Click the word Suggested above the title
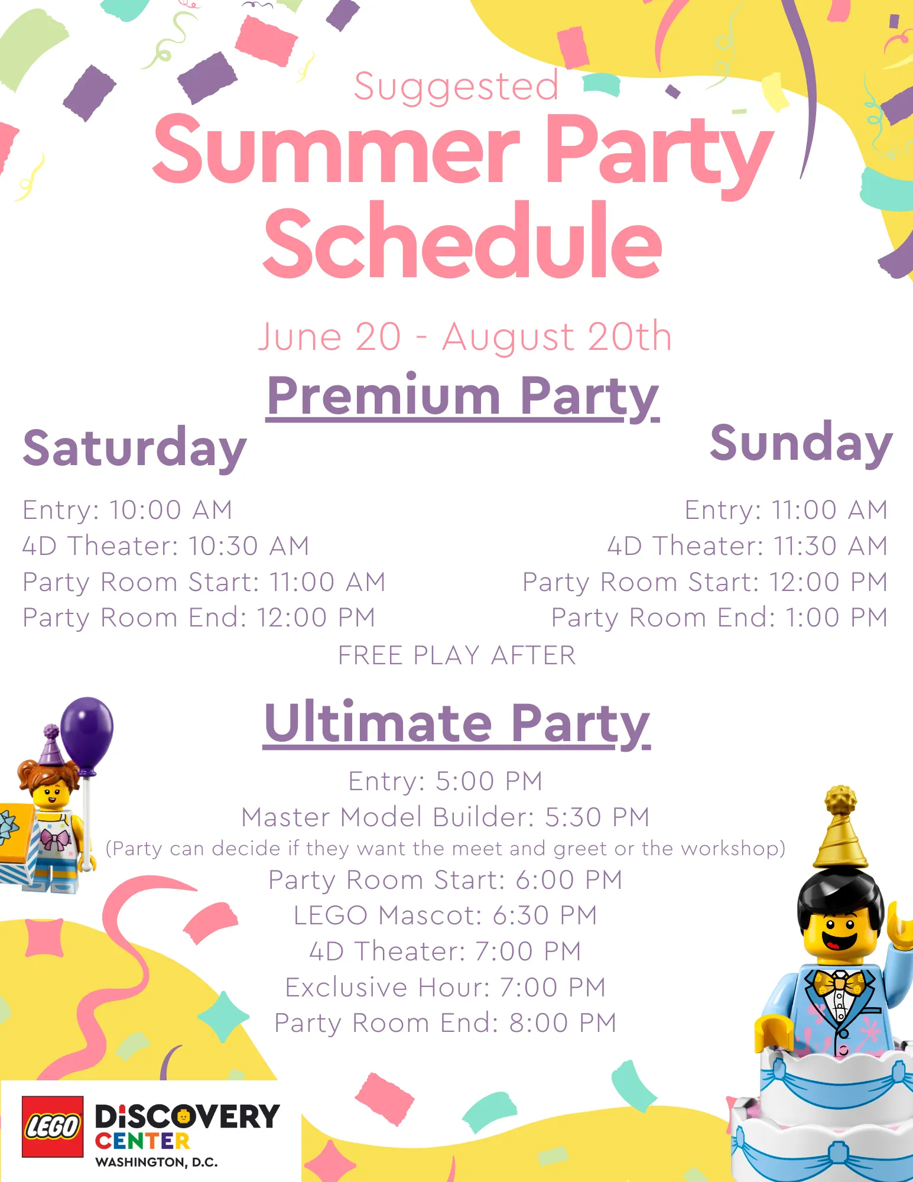tap(456, 87)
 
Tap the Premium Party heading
tap(463, 397)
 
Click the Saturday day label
tap(135, 449)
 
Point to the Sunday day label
tap(801, 444)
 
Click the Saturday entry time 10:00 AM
tap(171, 510)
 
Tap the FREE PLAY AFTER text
tap(457, 655)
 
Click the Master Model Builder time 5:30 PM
tap(597, 817)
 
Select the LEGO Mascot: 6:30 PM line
tap(446, 915)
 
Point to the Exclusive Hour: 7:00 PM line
tap(446, 987)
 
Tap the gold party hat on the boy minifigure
tap(840, 827)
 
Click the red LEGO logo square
tap(53, 1126)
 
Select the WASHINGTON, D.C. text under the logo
tap(157, 1162)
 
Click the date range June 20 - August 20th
tap(465, 337)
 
